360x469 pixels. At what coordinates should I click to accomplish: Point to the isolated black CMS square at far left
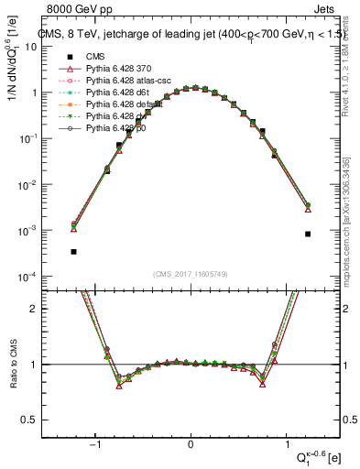pyautogui.click(x=73, y=251)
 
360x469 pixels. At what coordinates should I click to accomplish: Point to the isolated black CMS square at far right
pyautogui.click(x=308, y=234)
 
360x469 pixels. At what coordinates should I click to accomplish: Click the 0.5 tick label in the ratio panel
pyautogui.click(x=49, y=420)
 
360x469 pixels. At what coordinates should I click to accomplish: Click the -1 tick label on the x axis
pyautogui.click(x=93, y=444)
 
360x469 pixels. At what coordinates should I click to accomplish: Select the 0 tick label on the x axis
pyautogui.click(x=191, y=444)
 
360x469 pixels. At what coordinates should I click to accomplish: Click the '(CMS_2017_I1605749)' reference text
pyautogui.click(x=191, y=273)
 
